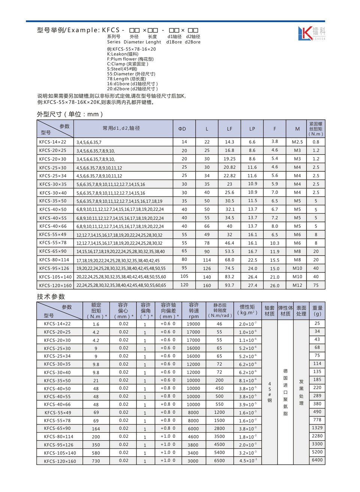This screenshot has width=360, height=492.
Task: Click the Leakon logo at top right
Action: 311,33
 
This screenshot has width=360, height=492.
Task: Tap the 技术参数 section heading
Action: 51,297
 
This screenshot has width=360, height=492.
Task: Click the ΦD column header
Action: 182,129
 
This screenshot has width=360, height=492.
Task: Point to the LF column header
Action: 229,129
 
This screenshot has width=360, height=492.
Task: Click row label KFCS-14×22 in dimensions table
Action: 52,142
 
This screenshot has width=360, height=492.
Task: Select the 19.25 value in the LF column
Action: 229,159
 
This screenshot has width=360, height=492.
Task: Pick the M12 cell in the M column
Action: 297,285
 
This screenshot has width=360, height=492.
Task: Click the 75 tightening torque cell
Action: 316,285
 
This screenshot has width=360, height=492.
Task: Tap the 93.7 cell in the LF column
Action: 229,285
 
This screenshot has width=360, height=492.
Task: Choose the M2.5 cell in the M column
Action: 297,142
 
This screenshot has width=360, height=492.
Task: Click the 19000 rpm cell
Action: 193,324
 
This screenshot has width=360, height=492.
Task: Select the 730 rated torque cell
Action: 96,461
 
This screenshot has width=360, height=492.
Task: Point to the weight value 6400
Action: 317,460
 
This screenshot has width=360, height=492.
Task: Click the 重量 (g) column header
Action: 317,310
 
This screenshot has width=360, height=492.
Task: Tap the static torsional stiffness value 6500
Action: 219,461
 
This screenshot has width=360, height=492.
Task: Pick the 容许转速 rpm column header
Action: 194,310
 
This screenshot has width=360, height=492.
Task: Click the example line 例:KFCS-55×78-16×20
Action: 131,49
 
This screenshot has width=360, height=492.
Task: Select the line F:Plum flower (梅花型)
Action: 130,59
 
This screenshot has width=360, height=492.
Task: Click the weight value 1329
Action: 317,428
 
